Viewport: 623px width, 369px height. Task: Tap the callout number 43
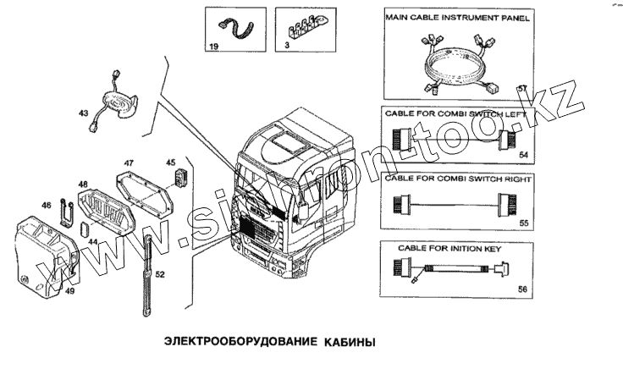pos(83,113)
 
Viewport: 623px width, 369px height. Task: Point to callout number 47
pos(129,162)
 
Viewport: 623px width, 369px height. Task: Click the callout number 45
pos(169,162)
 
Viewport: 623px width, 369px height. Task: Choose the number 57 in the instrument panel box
pos(522,89)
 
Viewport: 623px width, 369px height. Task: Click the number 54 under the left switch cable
pos(523,156)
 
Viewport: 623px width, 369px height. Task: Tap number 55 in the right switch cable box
pos(523,223)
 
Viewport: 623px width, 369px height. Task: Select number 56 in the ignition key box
pos(522,289)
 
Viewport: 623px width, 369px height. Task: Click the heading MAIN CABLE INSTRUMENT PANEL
pos(458,18)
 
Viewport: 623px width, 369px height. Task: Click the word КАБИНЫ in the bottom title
pos(347,344)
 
